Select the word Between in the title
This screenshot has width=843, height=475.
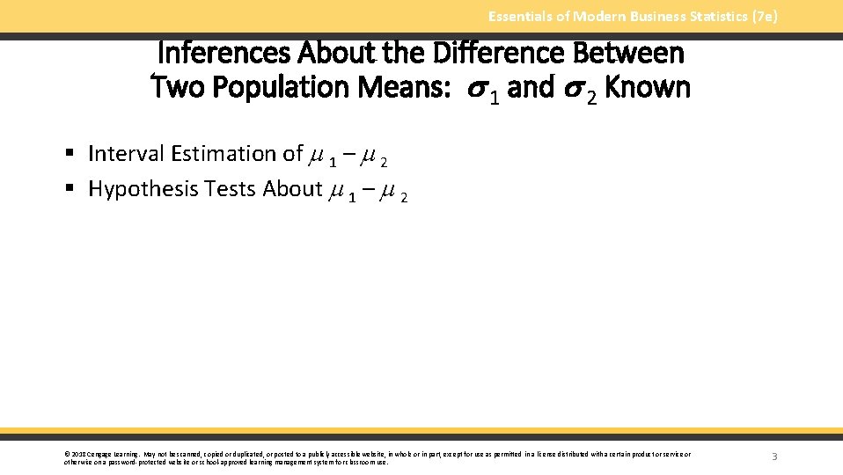(x=628, y=54)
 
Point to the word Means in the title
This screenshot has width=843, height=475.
(x=401, y=87)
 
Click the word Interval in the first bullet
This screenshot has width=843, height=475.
(x=125, y=154)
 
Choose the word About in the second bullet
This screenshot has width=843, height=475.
(x=292, y=189)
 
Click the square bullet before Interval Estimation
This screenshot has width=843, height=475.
(x=70, y=155)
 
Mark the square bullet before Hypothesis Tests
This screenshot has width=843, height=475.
(x=70, y=190)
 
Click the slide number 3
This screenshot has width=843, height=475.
(x=774, y=457)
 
